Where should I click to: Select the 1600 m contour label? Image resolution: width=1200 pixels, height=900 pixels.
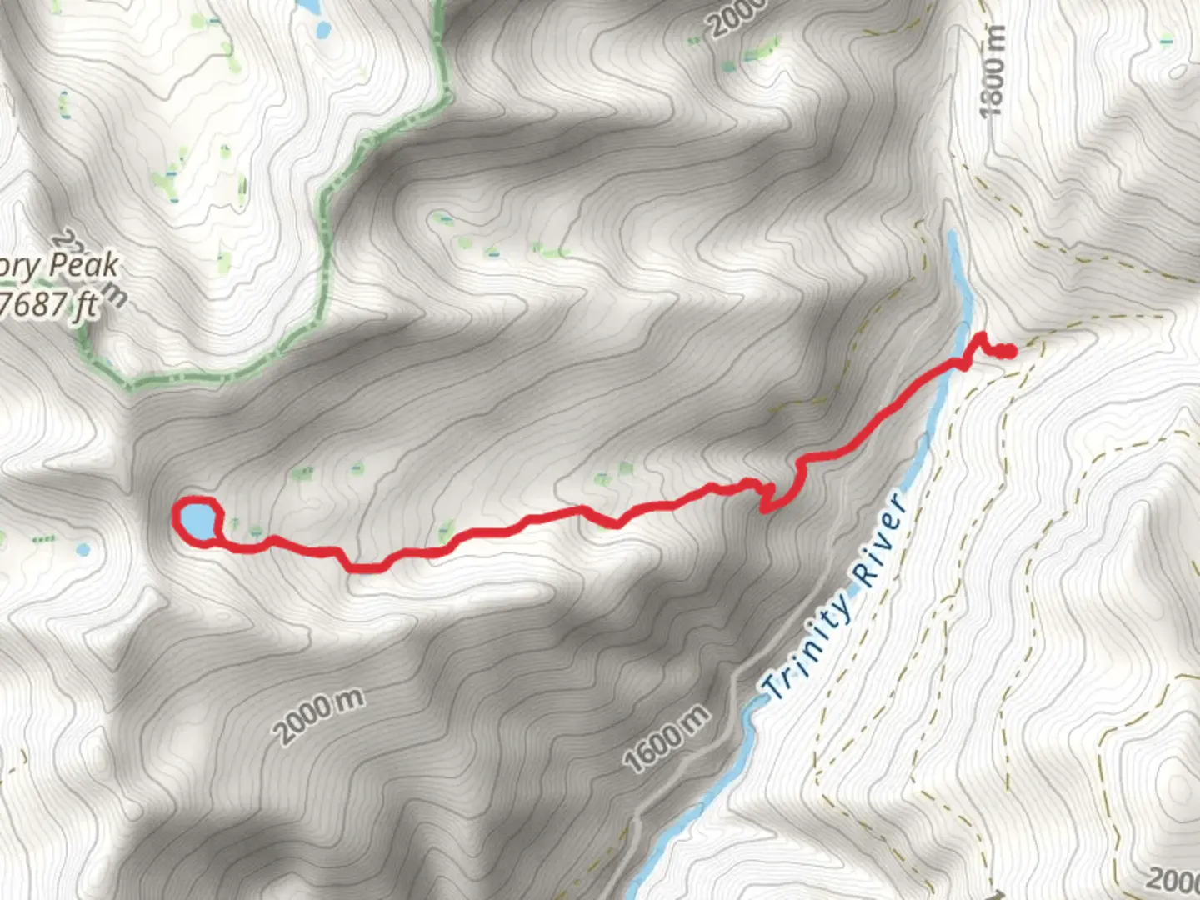click(x=666, y=737)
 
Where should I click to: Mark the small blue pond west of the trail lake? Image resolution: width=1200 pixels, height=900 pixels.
click(x=82, y=550)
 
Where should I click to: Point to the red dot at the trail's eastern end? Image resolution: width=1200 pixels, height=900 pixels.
click(x=1007, y=352)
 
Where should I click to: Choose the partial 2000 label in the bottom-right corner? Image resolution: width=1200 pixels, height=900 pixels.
click(x=1173, y=879)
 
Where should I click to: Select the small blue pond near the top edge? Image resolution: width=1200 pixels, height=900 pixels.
click(x=322, y=32)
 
